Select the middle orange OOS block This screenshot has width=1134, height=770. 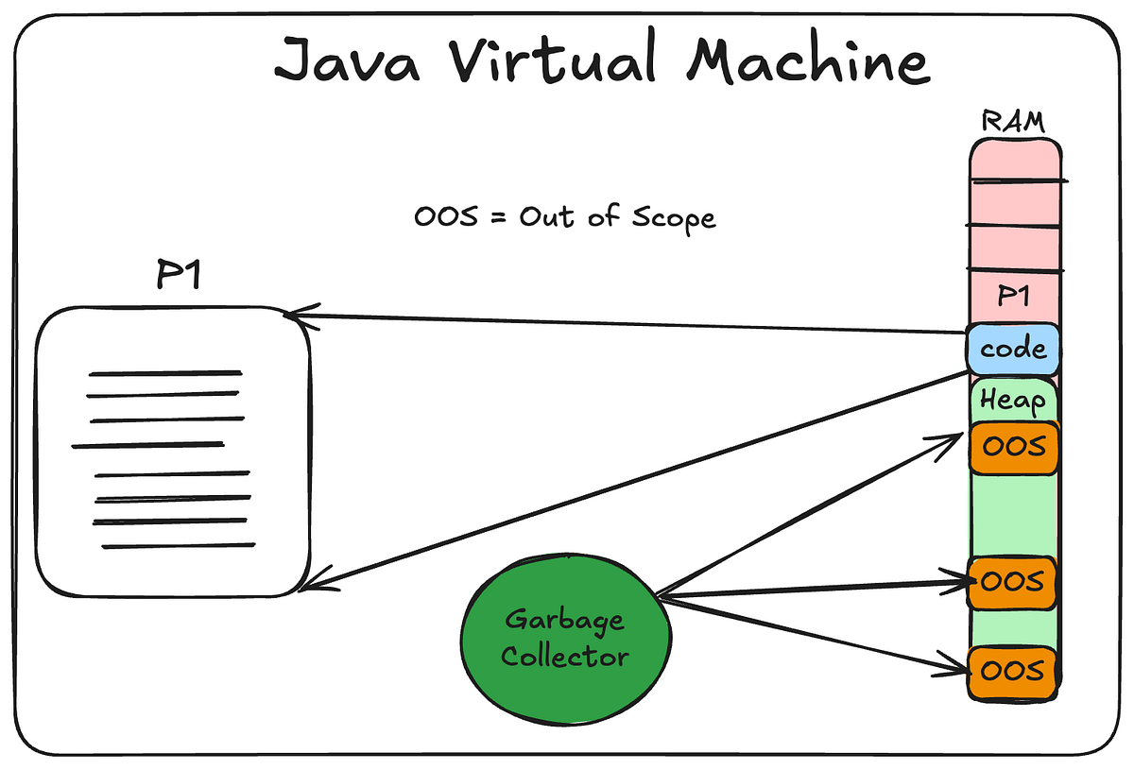[1013, 581]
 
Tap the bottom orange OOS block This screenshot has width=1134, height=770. [1013, 670]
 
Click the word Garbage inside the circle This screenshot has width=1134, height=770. [564, 620]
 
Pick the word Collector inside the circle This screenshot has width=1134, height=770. [564, 656]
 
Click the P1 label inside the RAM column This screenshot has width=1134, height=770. [1013, 297]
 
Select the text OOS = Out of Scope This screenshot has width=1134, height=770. [564, 216]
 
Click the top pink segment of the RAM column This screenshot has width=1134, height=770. [1013, 159]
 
